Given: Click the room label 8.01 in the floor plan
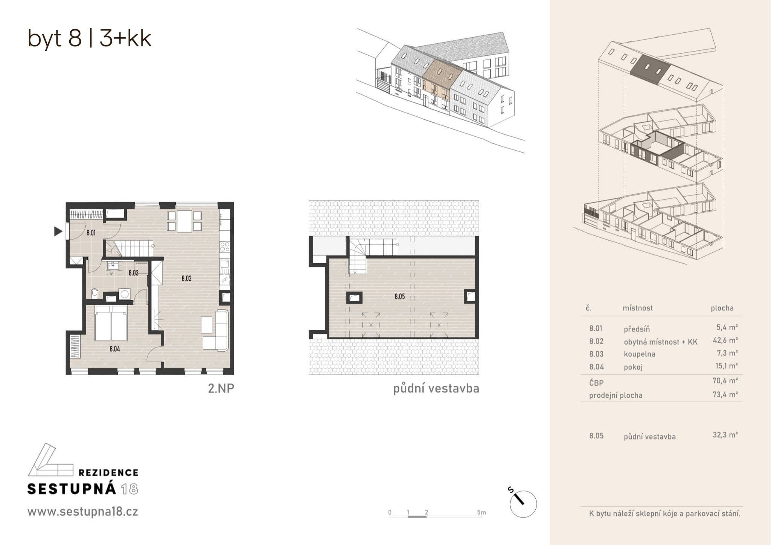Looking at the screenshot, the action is (91, 233).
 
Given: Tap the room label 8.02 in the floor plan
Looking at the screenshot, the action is (186, 278).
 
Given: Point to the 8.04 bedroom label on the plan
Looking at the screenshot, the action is (115, 349).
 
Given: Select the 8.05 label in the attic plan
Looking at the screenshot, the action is (400, 296).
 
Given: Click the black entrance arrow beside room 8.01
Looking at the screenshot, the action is (58, 231).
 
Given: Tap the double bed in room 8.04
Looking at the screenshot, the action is (111, 323).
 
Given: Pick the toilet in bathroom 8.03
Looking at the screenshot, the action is (94, 293).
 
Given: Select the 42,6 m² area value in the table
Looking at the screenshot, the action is (725, 340).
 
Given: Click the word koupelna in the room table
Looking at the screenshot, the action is (639, 354).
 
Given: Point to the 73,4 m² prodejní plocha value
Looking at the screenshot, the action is (725, 394).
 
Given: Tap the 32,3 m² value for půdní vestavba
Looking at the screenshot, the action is (725, 435).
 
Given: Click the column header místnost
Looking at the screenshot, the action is (638, 308).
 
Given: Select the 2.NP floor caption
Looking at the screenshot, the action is (221, 388).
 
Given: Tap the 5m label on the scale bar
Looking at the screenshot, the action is (481, 512).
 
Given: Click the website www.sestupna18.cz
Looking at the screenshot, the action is (83, 512).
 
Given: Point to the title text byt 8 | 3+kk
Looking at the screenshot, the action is (90, 38).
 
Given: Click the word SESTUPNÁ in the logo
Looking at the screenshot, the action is (72, 489).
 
